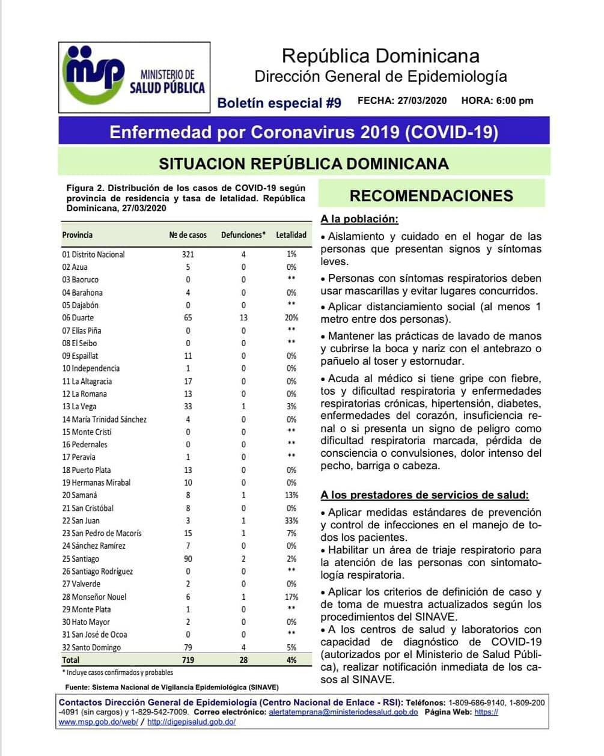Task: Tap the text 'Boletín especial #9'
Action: click(279, 103)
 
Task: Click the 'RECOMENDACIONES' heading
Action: click(431, 196)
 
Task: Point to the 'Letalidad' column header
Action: click(291, 235)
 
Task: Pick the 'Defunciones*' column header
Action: click(243, 235)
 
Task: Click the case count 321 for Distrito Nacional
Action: click(188, 254)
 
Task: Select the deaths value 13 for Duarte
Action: click(243, 317)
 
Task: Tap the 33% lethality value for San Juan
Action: click(291, 520)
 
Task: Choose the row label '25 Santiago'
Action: click(81, 559)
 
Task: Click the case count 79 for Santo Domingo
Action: click(188, 647)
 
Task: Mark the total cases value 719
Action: click(188, 660)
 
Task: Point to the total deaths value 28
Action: click(243, 660)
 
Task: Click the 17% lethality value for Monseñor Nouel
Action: click(291, 597)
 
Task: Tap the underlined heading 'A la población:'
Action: click(359, 219)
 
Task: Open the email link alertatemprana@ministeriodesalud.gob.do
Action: click(343, 712)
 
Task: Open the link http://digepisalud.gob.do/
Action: click(191, 722)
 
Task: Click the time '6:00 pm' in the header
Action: click(515, 100)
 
